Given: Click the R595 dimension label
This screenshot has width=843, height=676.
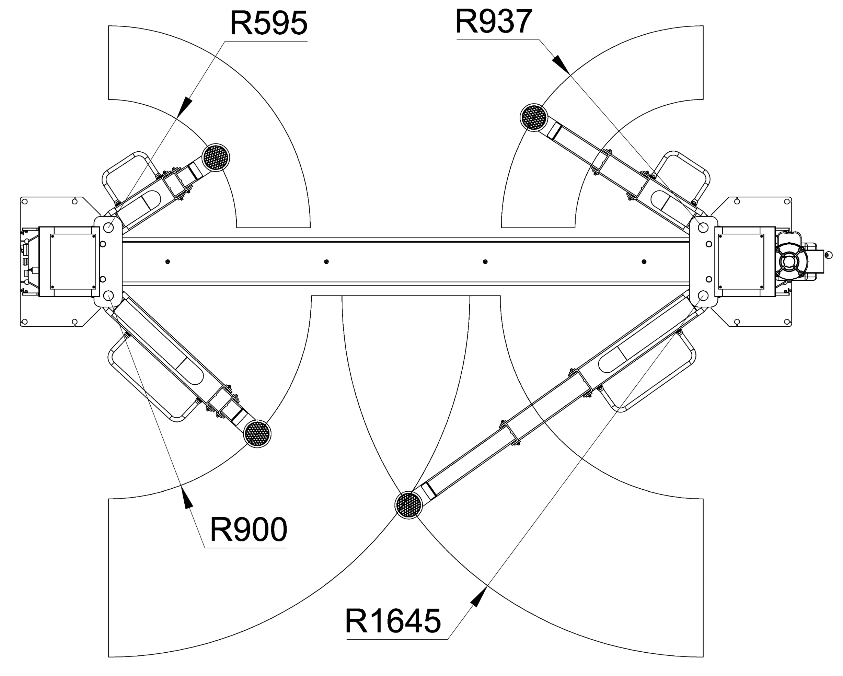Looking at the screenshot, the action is pyautogui.click(x=269, y=23).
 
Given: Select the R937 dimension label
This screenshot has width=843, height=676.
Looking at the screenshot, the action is pyautogui.click(x=494, y=21).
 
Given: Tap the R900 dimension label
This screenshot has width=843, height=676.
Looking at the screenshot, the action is pyautogui.click(x=248, y=529).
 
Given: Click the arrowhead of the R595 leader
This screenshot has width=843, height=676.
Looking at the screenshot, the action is pyautogui.click(x=186, y=106).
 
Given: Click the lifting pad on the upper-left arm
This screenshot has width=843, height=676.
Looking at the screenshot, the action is pyautogui.click(x=216, y=157).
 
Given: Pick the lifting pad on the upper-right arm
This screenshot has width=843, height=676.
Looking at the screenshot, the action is pyautogui.click(x=534, y=117).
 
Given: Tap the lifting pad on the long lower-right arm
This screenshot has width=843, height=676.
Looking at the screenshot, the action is pyautogui.click(x=408, y=505).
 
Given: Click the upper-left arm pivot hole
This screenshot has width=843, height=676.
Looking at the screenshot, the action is pyautogui.click(x=109, y=227).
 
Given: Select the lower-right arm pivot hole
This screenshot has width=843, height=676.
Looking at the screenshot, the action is pyautogui.click(x=703, y=295).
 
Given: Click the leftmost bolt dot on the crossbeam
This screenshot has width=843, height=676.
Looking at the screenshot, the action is pyautogui.click(x=168, y=261).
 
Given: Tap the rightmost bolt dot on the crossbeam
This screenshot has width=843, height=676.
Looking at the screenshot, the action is pyautogui.click(x=644, y=261).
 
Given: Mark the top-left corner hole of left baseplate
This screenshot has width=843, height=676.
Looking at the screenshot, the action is pyautogui.click(x=24, y=201).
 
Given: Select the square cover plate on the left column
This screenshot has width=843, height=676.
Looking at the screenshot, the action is pyautogui.click(x=73, y=261).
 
